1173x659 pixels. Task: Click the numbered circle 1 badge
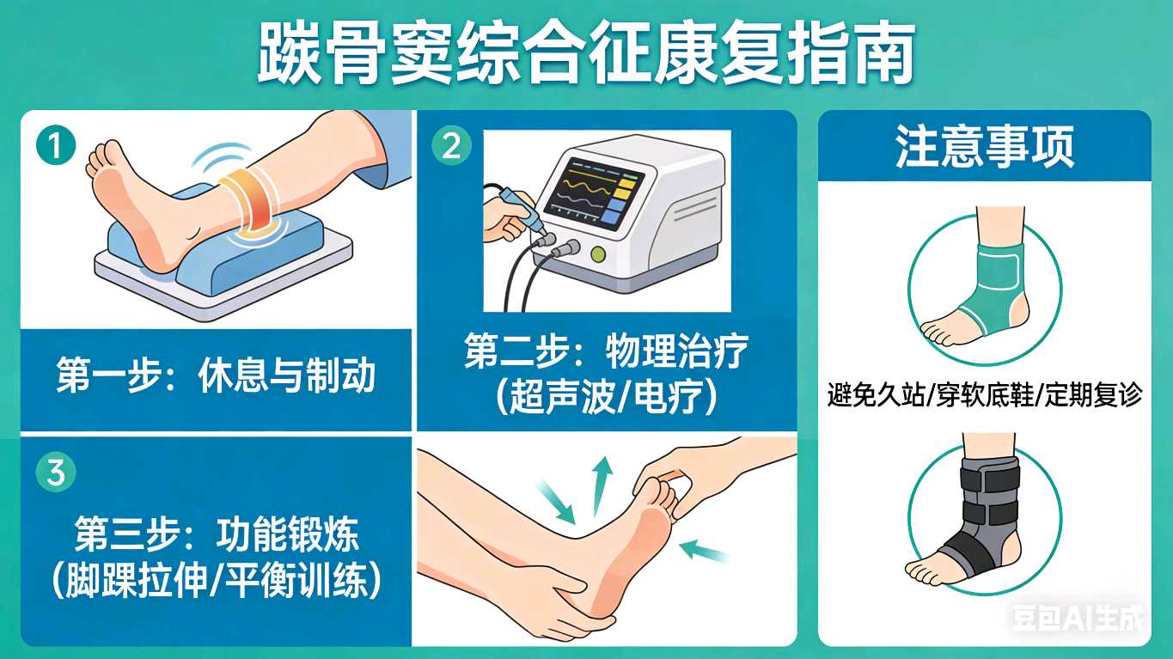[x=56, y=146]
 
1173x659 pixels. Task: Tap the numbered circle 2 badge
[x=451, y=146]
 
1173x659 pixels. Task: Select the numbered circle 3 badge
[x=56, y=473]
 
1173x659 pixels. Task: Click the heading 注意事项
[x=985, y=147]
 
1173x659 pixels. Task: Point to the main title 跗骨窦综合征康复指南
[x=586, y=53]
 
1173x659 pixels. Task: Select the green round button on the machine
[x=598, y=255]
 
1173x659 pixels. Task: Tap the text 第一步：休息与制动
[x=216, y=375]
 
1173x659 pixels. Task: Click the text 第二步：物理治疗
[x=606, y=351]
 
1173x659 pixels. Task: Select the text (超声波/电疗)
[x=606, y=396]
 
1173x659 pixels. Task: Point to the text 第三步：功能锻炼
[x=216, y=534]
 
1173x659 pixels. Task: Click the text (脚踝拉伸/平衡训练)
[x=216, y=580]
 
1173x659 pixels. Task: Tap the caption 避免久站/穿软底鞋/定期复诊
[x=985, y=394]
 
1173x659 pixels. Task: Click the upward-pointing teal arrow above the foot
[x=602, y=485]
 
